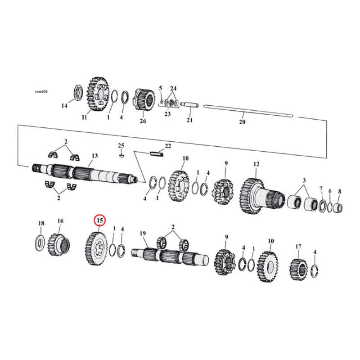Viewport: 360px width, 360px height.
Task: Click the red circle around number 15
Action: [x=99, y=220]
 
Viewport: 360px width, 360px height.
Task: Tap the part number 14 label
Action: [x=64, y=106]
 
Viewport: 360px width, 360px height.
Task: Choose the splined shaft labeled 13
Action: [x=85, y=172]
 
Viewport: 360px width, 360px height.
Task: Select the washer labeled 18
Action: [x=40, y=242]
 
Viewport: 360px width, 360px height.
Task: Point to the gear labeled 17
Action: [x=298, y=269]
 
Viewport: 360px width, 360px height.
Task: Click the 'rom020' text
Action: [x=41, y=91]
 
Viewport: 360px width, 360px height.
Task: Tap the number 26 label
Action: [x=143, y=121]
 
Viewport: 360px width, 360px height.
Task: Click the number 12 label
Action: [x=256, y=165]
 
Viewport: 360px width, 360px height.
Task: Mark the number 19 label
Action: [x=143, y=233]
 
